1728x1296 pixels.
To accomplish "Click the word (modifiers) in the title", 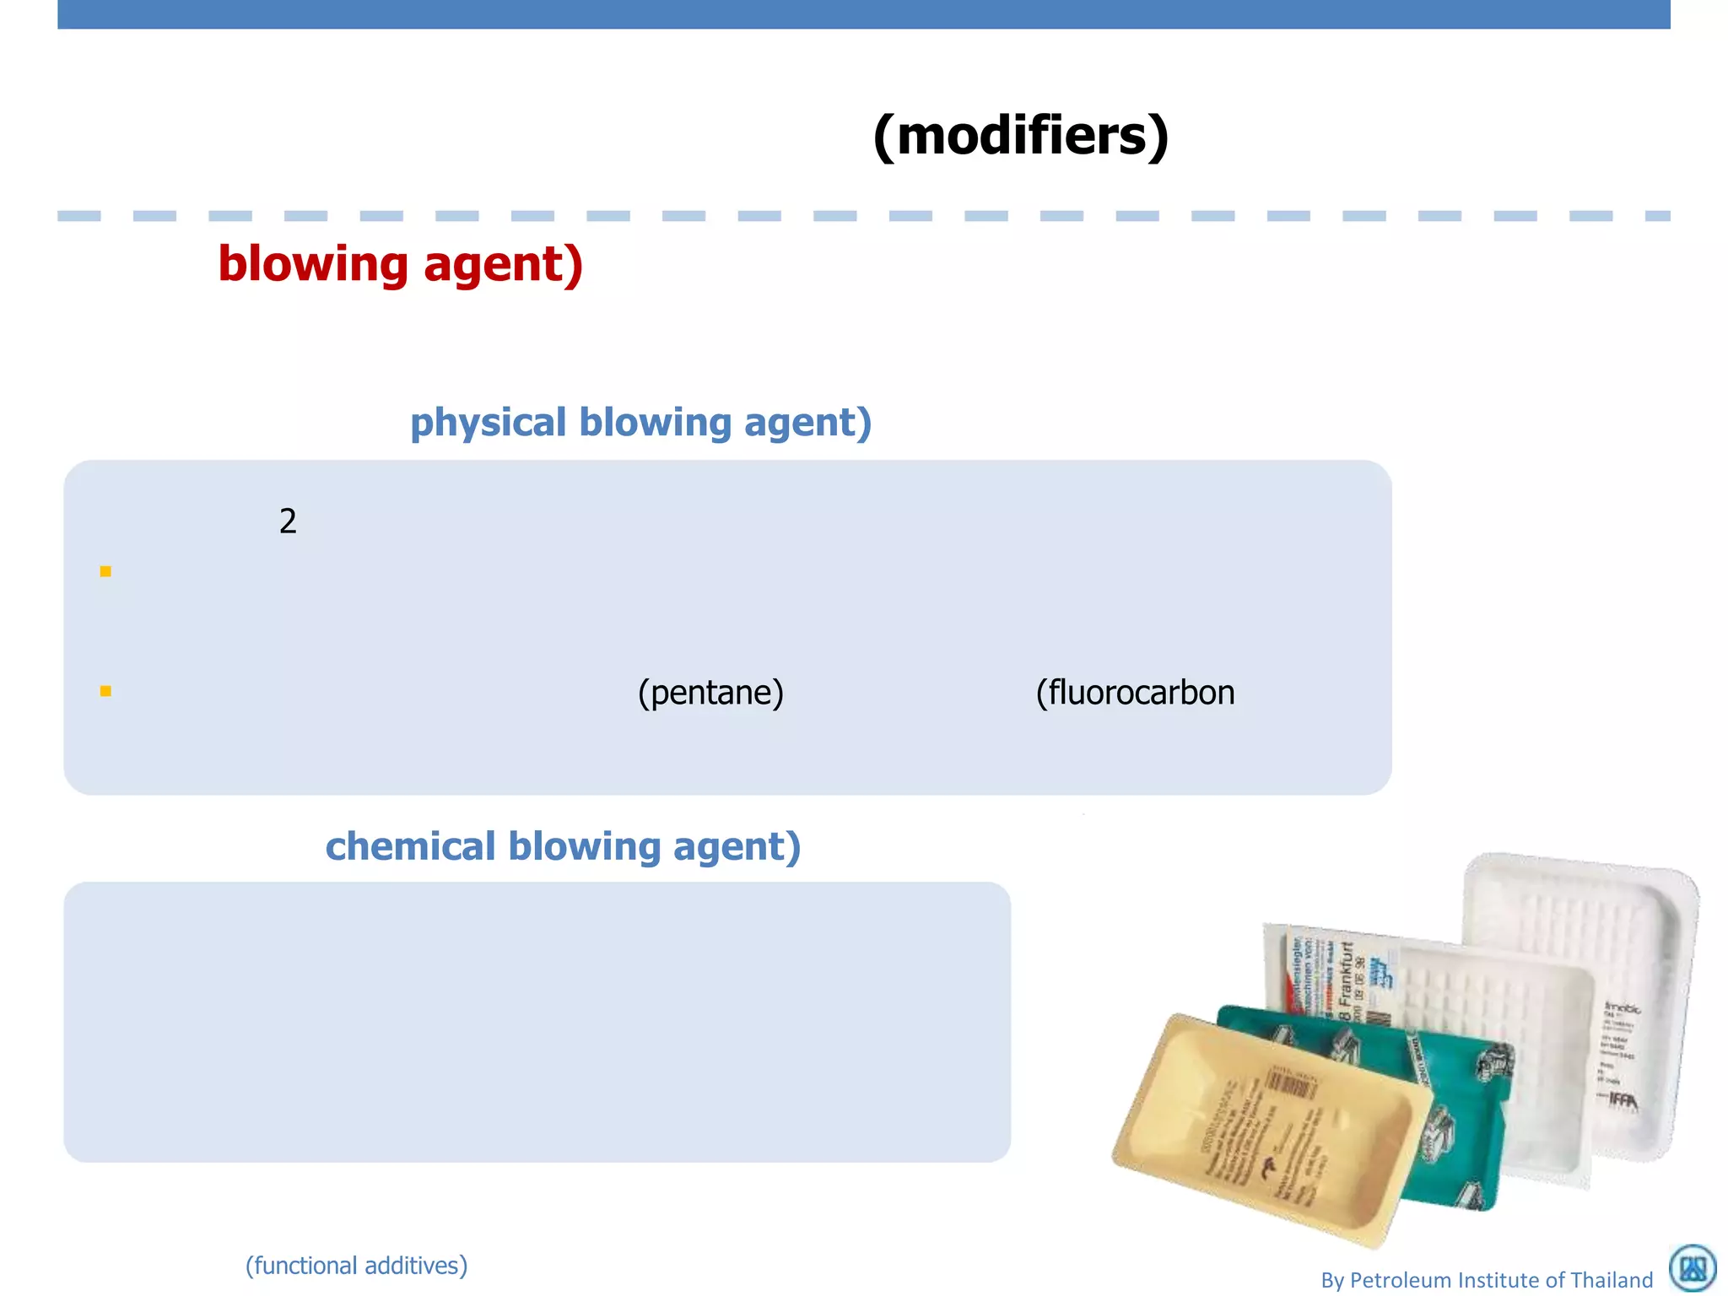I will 1021,136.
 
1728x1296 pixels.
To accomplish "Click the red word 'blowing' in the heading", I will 313,264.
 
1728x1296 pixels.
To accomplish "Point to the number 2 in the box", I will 288,521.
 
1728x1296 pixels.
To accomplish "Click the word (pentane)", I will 710,693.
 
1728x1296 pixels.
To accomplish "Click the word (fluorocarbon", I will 1135,693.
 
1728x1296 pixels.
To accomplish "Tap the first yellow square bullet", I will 105,571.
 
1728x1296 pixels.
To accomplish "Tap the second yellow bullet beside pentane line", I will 105,691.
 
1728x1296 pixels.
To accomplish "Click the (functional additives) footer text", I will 356,1266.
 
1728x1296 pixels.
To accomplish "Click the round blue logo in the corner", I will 1693,1268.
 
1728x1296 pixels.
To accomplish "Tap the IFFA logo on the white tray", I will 1622,1099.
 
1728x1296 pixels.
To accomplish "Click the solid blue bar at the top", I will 864,14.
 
